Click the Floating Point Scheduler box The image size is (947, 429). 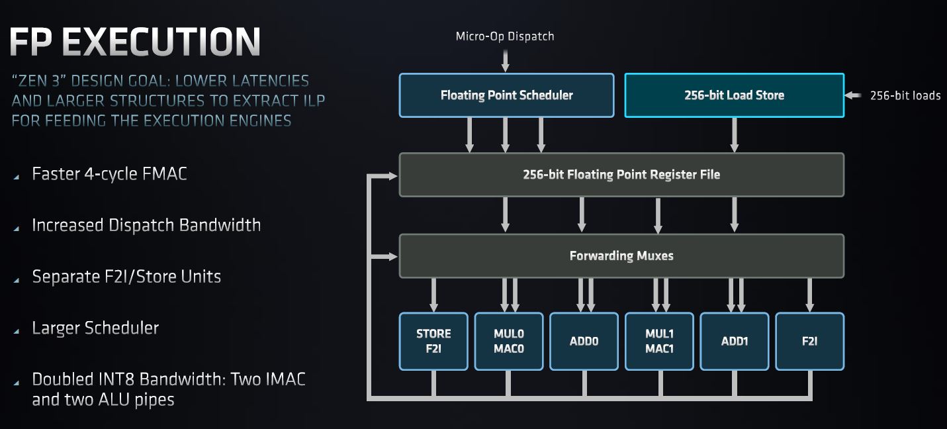click(x=506, y=95)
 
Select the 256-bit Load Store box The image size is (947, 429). click(x=734, y=95)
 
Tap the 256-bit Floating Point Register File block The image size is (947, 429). click(x=621, y=175)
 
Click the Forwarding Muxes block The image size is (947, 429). click(x=621, y=256)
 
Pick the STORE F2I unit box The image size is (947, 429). click(x=433, y=341)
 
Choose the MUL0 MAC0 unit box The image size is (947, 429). click(x=508, y=341)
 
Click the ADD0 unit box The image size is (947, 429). click(x=584, y=341)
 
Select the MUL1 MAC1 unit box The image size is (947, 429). click(x=659, y=341)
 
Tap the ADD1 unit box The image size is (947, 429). click(x=735, y=341)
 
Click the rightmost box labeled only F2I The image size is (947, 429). click(x=809, y=341)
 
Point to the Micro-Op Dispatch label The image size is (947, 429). click(x=505, y=36)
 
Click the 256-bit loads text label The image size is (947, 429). click(x=905, y=96)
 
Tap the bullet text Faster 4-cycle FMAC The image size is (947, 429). click(x=109, y=174)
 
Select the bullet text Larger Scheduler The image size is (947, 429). click(x=95, y=328)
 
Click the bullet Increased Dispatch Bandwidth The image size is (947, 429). click(x=146, y=225)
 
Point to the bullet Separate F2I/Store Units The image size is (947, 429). click(x=126, y=276)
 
